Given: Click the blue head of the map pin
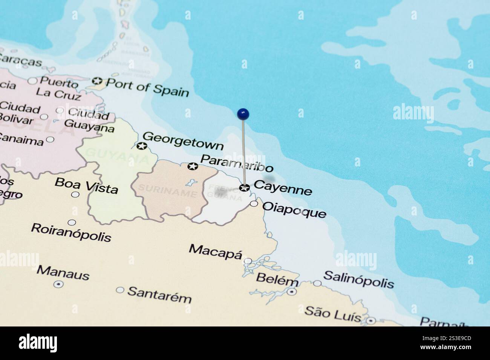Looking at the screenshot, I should click(243, 113).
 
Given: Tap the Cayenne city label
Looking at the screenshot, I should click(283, 188).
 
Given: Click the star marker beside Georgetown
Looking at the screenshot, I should click(142, 146).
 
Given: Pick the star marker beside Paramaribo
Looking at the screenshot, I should click(193, 166).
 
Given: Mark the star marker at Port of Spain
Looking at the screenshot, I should click(97, 81).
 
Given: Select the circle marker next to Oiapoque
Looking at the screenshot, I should click(254, 204).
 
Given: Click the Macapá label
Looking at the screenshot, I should click(215, 250).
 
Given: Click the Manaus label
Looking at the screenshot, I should click(63, 273).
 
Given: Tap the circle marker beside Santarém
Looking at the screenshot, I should click(120, 290).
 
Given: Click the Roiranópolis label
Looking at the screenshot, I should click(71, 232).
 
